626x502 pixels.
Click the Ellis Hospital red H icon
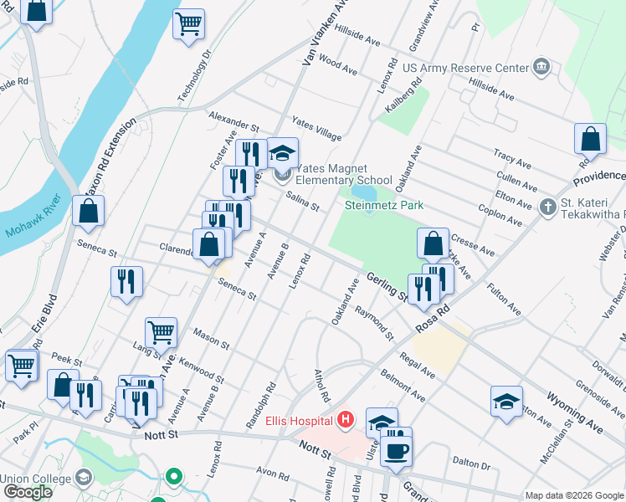pyautogui.click(x=345, y=420)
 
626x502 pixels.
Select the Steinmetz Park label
pyautogui.click(x=384, y=205)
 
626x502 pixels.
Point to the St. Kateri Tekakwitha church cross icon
pyautogui.click(x=547, y=206)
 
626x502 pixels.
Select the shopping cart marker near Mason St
pyautogui.click(x=161, y=332)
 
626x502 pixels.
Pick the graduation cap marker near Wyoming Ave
pyautogui.click(x=506, y=402)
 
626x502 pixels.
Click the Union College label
pyautogui.click(x=33, y=478)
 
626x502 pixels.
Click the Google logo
pyautogui.click(x=27, y=492)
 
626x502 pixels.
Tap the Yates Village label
pyautogui.click(x=316, y=130)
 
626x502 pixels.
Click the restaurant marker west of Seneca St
pyautogui.click(x=126, y=281)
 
